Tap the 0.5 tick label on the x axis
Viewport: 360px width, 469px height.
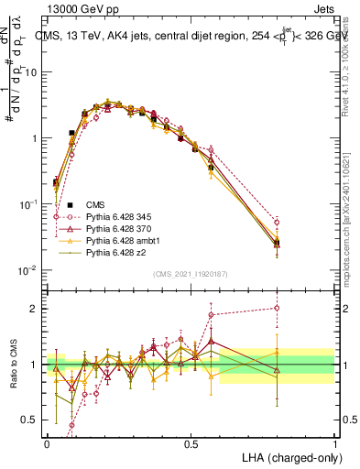pyautogui.click(x=191, y=442)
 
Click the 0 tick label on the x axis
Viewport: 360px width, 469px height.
pyautogui.click(x=48, y=442)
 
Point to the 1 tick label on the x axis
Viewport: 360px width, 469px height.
pyautogui.click(x=334, y=442)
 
